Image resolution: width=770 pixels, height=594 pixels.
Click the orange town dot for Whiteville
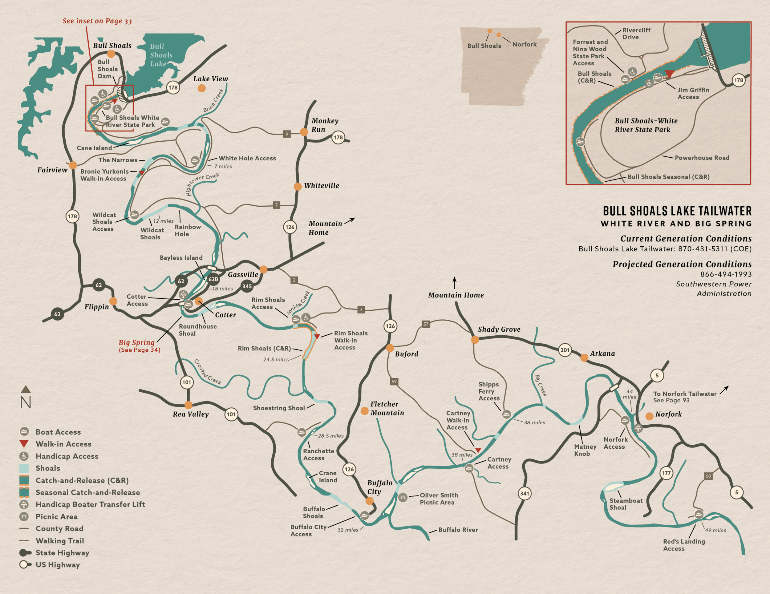298,187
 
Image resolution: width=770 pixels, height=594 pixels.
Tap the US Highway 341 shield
524,493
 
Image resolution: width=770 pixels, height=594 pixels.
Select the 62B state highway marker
213,279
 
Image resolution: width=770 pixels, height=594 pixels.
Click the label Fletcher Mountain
387,408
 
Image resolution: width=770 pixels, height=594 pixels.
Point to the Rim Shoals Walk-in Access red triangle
317,337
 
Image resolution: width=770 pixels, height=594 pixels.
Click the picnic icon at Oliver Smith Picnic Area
403,497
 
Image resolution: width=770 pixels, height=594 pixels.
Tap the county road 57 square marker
426,324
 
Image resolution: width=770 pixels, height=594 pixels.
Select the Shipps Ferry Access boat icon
506,414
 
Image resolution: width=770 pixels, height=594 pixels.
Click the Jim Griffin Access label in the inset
693,93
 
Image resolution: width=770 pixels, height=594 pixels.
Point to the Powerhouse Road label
702,158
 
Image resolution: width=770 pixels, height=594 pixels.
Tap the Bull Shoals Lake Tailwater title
677,211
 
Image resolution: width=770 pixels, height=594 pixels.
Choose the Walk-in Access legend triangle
24,444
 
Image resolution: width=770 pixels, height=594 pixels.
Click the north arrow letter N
25,402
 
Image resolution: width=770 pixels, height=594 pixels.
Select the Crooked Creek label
208,372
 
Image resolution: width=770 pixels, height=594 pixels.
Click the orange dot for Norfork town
649,416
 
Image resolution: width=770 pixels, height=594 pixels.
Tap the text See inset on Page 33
97,21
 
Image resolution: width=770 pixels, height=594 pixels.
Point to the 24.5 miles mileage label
276,360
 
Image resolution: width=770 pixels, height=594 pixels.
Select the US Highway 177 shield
666,473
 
